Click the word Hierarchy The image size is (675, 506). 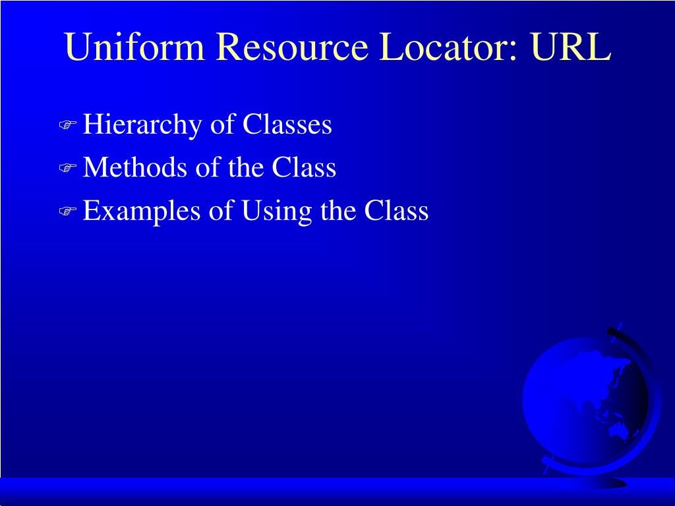(x=142, y=125)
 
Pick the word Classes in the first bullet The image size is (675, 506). (x=287, y=125)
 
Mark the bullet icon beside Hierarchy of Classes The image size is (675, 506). (x=68, y=126)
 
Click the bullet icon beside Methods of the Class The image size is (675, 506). (x=68, y=169)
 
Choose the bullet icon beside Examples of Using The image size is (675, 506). (x=68, y=211)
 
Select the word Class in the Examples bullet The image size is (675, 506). (x=397, y=211)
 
